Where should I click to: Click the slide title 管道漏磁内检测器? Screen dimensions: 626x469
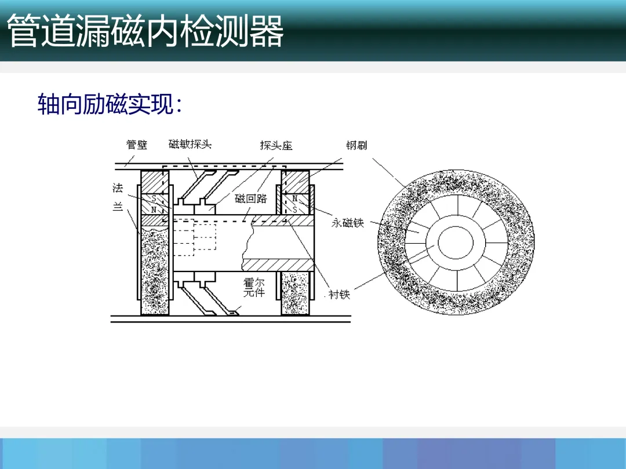[145, 32]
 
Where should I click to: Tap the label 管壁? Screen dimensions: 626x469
[137, 145]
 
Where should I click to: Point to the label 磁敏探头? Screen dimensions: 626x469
[190, 144]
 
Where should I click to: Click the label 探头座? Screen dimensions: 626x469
[276, 145]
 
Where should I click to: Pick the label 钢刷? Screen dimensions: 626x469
[356, 145]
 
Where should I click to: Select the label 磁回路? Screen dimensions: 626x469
[251, 199]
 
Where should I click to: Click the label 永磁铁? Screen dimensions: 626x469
[348, 223]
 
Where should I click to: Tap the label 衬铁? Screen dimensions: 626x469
[340, 295]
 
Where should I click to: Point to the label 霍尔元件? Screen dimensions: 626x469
[254, 288]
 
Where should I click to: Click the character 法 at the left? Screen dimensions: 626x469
[118, 188]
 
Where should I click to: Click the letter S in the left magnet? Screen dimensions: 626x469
[154, 198]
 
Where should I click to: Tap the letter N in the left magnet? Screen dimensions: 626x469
[154, 208]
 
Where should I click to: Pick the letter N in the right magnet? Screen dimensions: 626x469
[295, 199]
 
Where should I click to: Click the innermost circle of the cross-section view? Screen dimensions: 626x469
[455, 241]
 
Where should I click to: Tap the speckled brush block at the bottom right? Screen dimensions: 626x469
[295, 294]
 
